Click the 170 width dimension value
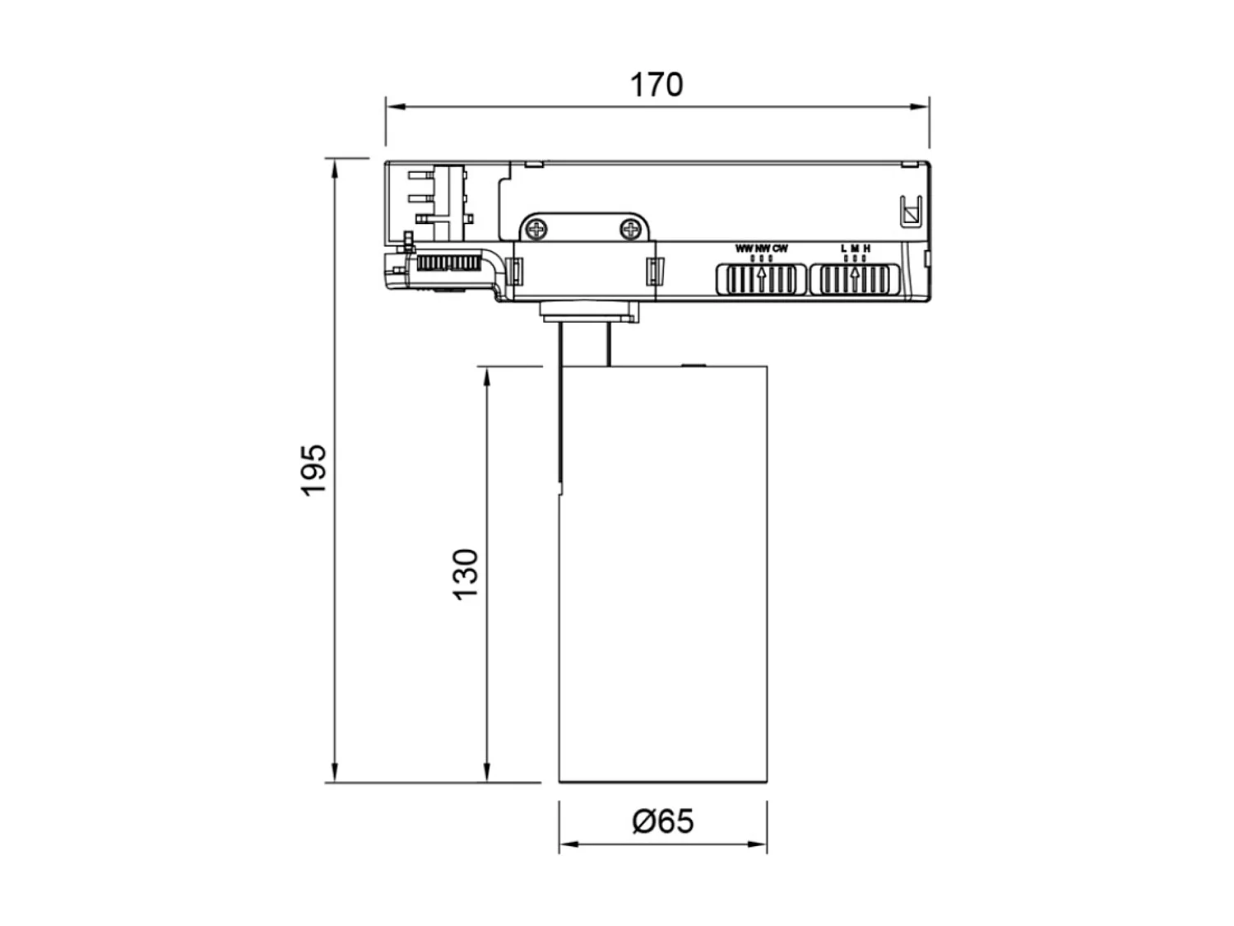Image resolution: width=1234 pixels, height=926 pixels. [x=656, y=85]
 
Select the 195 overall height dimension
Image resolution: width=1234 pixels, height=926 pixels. [x=314, y=471]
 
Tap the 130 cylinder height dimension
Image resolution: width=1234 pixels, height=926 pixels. [x=466, y=575]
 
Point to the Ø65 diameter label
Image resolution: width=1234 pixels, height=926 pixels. [x=663, y=821]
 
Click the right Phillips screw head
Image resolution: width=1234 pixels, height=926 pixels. [x=630, y=229]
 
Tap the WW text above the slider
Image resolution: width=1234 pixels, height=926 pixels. [x=744, y=249]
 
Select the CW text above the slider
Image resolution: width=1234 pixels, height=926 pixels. [x=781, y=249]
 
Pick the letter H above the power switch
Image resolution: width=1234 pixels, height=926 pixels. [x=867, y=249]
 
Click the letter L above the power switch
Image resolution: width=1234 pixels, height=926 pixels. [x=843, y=249]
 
